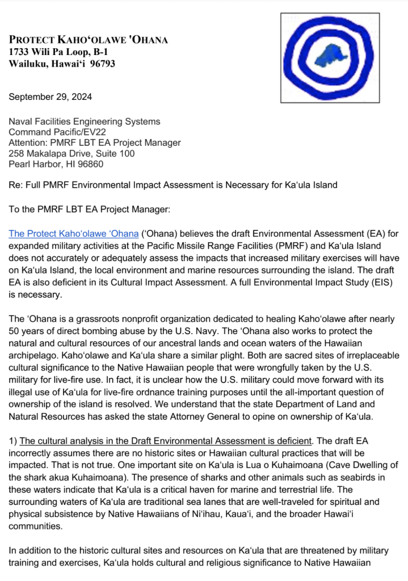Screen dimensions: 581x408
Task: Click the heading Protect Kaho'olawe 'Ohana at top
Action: [88, 40]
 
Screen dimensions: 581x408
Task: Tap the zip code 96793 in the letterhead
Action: [102, 64]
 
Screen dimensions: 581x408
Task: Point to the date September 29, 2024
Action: [50, 97]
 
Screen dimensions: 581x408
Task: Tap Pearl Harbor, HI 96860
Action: [56, 165]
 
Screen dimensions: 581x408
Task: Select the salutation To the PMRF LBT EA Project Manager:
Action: [89, 209]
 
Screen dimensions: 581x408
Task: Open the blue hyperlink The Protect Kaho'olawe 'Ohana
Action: [73, 233]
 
